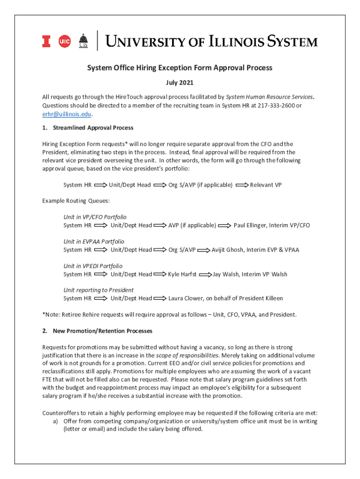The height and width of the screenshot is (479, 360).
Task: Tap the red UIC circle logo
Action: pos(64,42)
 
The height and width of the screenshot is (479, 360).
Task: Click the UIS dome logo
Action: pos(83,41)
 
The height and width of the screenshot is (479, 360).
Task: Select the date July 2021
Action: pos(180,83)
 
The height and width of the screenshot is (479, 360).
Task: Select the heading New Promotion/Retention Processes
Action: pos(102,331)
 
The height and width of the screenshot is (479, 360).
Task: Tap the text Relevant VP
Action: pos(266,185)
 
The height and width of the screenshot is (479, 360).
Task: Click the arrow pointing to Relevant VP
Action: pos(242,185)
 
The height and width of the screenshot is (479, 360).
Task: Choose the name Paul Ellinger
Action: pos(253,225)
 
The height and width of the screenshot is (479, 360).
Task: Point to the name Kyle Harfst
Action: pos(182,274)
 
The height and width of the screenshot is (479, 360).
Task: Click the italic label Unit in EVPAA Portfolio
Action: pos(94,241)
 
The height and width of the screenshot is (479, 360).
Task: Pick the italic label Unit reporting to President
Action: pos(98,290)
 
